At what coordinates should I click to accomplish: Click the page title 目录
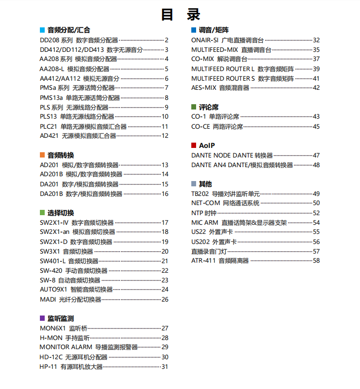coord(180,14)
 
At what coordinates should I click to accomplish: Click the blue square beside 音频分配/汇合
coord(42,30)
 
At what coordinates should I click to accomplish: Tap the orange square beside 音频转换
coord(42,155)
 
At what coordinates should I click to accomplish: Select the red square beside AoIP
coord(194,145)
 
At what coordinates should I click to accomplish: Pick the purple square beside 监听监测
coord(42,318)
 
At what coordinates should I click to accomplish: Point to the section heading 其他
coord(205,184)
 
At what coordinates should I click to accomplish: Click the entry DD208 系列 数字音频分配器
coord(79,40)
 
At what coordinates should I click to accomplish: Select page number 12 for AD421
coord(165,136)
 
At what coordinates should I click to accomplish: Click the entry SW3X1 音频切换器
coord(66,251)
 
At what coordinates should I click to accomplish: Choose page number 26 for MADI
coord(165,300)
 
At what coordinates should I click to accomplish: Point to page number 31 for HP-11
coord(165,367)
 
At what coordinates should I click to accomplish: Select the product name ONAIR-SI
coord(205,40)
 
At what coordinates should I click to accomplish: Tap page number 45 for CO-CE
coord(316,127)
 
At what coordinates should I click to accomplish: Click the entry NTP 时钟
coord(204,213)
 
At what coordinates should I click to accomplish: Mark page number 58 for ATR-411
coord(316,261)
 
